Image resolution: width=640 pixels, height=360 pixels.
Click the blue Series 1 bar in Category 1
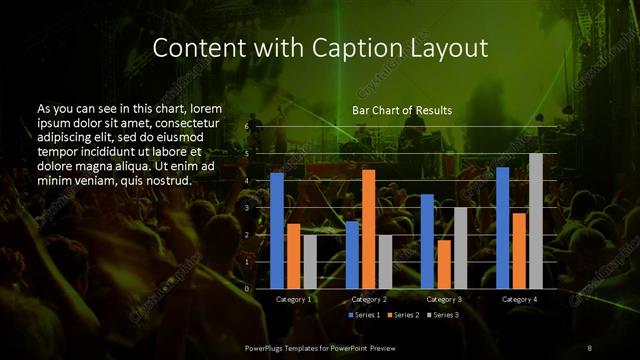pyautogui.click(x=277, y=230)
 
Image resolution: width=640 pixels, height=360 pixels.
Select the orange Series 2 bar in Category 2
pyautogui.click(x=368, y=228)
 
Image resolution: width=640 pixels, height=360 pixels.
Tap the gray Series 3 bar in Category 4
pyautogui.click(x=536, y=220)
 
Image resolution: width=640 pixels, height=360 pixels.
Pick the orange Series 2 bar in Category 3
pyautogui.click(x=443, y=264)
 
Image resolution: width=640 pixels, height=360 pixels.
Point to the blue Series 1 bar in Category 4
pyautogui.click(x=502, y=227)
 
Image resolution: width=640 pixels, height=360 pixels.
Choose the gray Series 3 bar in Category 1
pyautogui.click(x=310, y=261)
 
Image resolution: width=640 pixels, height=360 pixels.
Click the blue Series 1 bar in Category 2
pyautogui.click(x=352, y=254)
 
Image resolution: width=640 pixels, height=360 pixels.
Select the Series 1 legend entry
pyautogui.click(x=364, y=315)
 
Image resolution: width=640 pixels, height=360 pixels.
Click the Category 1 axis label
pyautogui.click(x=293, y=299)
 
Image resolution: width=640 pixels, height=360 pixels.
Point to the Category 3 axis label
pyautogui.click(x=443, y=299)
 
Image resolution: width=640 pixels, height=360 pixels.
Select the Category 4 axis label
pyautogui.click(x=519, y=299)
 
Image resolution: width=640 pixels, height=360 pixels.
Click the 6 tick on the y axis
pyautogui.click(x=246, y=127)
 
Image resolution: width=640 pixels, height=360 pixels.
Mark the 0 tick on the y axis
pyautogui.click(x=246, y=288)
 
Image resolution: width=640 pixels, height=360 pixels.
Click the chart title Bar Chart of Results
pyautogui.click(x=402, y=110)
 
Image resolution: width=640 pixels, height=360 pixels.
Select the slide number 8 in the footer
pyautogui.click(x=589, y=346)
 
